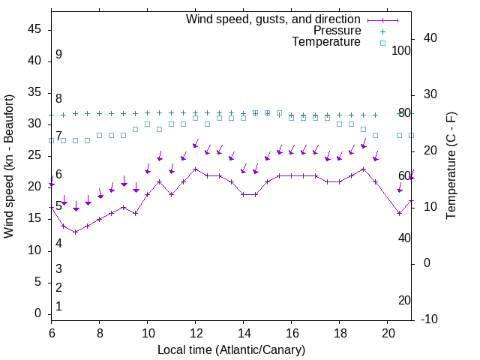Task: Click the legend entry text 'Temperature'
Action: [x=326, y=42]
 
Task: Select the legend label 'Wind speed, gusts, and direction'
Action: [x=274, y=19]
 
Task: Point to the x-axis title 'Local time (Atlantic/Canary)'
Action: [x=232, y=350]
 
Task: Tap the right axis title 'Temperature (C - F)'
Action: [x=451, y=166]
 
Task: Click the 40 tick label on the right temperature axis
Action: [x=430, y=38]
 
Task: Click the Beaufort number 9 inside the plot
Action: [x=58, y=55]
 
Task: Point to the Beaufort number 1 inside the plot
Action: [x=58, y=307]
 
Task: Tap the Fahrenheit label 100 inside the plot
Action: [x=402, y=50]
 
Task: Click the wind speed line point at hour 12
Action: [x=196, y=169]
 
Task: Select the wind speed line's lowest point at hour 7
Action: [x=76, y=232]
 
